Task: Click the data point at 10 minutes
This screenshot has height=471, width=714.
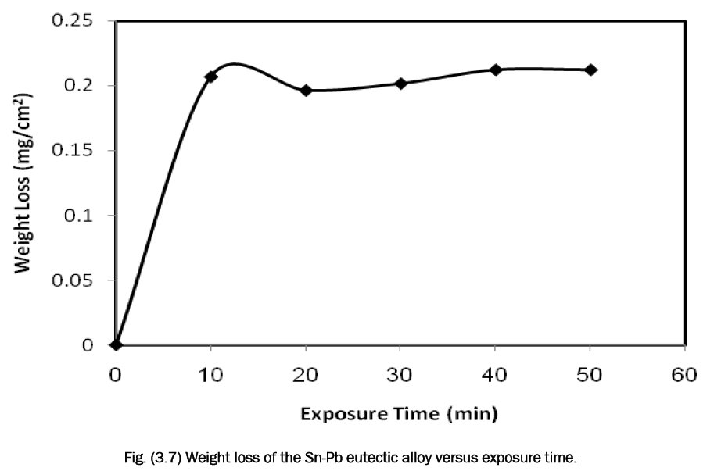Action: (x=211, y=77)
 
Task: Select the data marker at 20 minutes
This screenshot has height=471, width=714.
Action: (x=306, y=91)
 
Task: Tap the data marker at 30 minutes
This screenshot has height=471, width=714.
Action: (x=400, y=84)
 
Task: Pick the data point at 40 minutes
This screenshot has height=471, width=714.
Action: (x=496, y=70)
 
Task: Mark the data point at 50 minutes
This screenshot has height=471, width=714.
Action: (x=590, y=70)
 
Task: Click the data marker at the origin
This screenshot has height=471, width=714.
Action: (x=116, y=344)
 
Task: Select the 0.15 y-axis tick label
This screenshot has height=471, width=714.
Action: (x=77, y=150)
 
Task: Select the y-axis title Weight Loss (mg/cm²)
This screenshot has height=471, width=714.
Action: (x=23, y=183)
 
